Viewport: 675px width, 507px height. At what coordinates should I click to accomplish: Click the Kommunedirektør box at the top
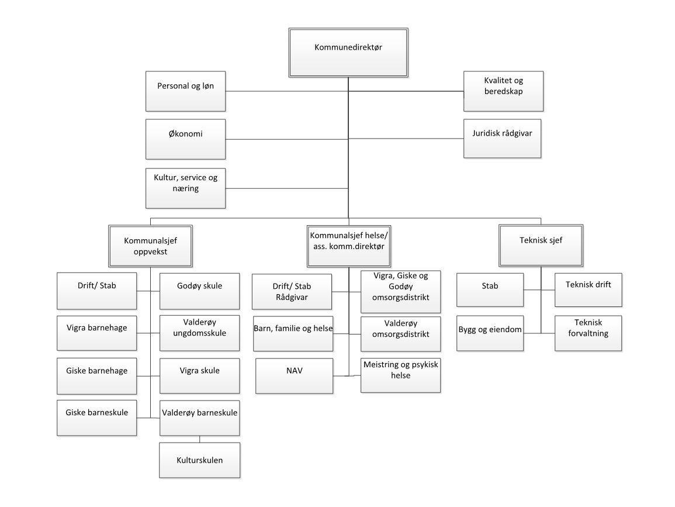tap(348, 51)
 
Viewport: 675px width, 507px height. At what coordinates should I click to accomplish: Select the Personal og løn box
tap(185, 91)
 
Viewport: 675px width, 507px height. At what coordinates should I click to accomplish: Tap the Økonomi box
tap(185, 139)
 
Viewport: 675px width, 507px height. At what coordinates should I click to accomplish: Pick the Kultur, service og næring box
tap(185, 188)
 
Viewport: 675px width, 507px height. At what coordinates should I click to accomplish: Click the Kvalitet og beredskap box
tap(503, 91)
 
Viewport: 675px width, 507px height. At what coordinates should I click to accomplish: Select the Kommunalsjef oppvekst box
tap(150, 246)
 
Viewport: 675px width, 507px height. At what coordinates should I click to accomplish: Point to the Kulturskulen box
tap(199, 460)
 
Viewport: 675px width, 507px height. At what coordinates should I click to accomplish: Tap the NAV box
tap(294, 375)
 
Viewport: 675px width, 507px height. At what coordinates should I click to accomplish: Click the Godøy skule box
tap(199, 291)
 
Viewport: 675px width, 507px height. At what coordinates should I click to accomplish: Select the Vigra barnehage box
tap(97, 333)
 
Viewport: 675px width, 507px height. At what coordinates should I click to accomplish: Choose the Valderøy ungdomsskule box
tap(199, 333)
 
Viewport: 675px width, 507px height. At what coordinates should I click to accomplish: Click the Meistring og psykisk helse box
tap(400, 375)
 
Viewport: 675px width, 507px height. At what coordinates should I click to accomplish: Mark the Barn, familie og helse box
tap(293, 333)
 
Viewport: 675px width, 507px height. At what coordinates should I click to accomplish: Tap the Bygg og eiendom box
tap(490, 333)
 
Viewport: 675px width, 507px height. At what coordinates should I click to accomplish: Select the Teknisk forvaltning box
tap(588, 333)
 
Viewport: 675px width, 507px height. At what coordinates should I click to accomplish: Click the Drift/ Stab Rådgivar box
tap(292, 291)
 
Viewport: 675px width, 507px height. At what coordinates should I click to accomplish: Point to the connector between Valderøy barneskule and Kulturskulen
tap(199, 439)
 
